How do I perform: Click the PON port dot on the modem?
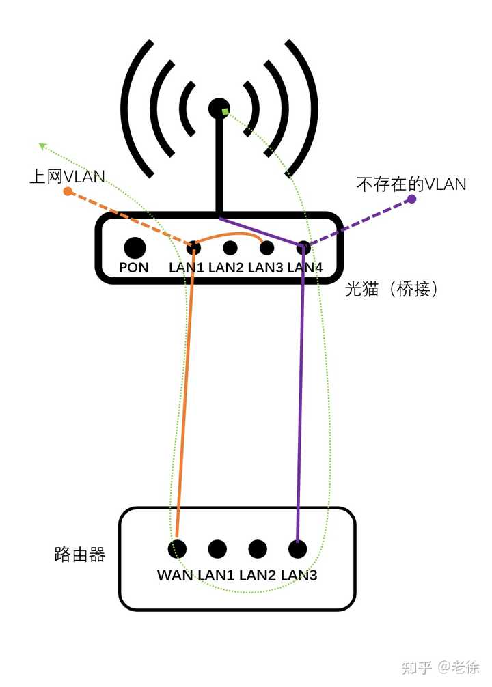[135, 247]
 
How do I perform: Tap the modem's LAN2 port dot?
[230, 248]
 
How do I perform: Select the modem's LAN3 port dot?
[267, 248]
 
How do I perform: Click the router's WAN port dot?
[178, 548]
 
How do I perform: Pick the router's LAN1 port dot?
[217, 548]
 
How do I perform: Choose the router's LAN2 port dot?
[258, 548]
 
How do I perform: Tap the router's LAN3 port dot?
[297, 548]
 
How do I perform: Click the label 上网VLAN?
[67, 177]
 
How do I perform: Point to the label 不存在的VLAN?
[411, 184]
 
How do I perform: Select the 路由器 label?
[80, 555]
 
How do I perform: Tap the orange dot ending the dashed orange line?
[68, 192]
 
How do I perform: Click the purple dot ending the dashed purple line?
[412, 199]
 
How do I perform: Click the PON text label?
[134, 268]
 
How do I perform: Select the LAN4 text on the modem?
[305, 268]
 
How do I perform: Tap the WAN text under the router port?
[176, 575]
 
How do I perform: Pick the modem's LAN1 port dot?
[193, 247]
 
